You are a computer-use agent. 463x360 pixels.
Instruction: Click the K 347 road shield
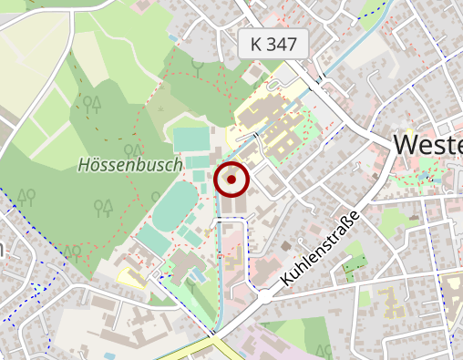pyautogui.click(x=273, y=43)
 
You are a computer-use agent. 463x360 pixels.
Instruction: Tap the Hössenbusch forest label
pyautogui.click(x=129, y=165)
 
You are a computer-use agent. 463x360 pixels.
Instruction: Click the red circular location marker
pyautogui.click(x=231, y=180)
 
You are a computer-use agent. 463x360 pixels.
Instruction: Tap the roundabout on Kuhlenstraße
pyautogui.click(x=264, y=295)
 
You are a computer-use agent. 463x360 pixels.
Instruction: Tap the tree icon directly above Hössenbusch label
pyautogui.click(x=133, y=150)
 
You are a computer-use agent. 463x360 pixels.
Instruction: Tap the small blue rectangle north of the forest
pyautogui.click(x=173, y=37)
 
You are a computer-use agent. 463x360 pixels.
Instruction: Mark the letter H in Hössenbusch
pyautogui.click(x=84, y=165)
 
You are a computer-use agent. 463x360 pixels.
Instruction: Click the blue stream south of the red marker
pyautogui.click(x=219, y=273)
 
